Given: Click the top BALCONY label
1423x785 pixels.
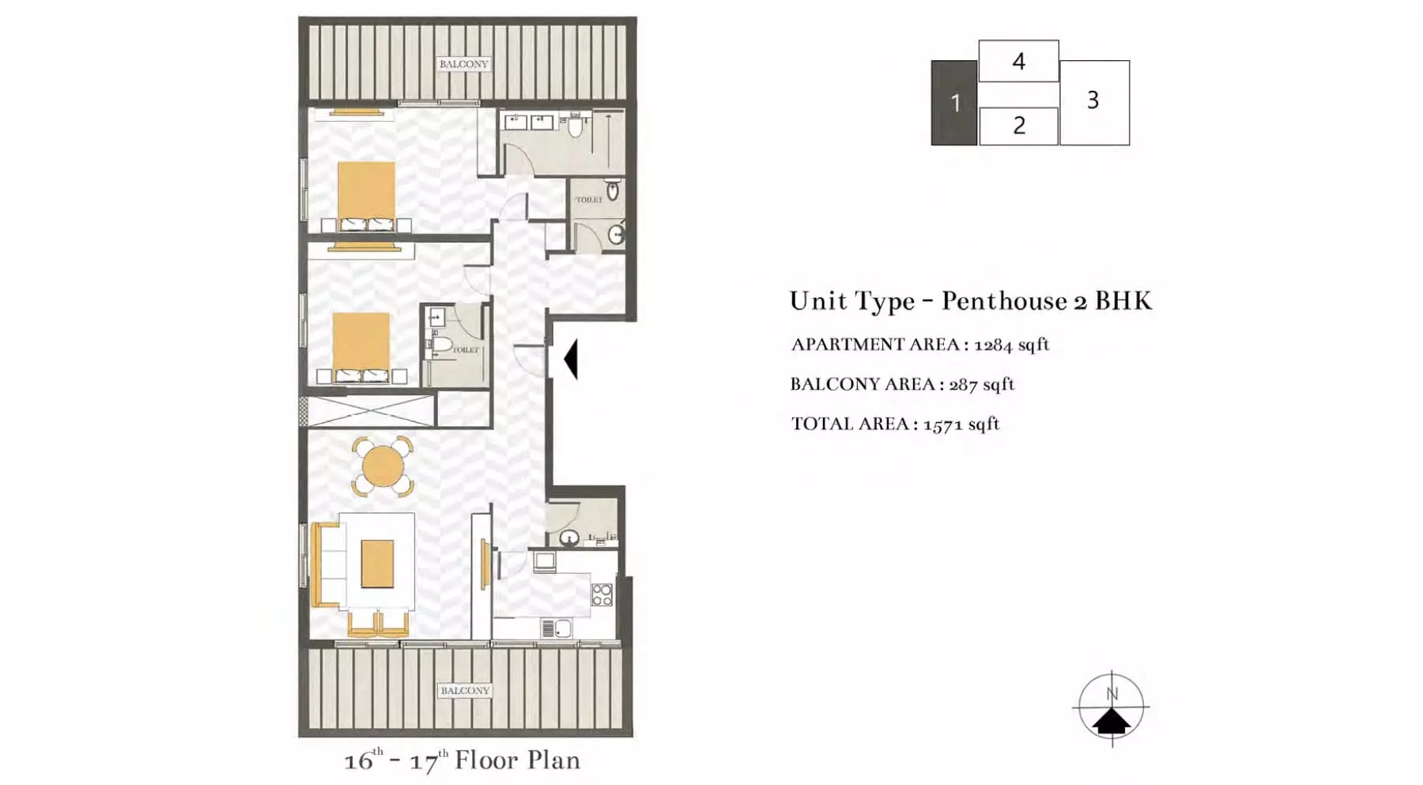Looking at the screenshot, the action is click(464, 64).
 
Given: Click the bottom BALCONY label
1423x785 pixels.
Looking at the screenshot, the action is click(465, 691).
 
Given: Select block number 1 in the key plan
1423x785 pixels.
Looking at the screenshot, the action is click(954, 103).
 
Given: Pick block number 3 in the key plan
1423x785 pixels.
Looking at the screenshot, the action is click(1094, 102).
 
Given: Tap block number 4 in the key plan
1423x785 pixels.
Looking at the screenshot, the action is click(1018, 61).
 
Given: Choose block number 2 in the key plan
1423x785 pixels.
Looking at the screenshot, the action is click(1018, 126).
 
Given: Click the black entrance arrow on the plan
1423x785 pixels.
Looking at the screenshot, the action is click(571, 359).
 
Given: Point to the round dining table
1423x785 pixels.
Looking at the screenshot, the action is click(383, 466).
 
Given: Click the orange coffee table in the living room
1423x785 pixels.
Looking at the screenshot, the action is click(378, 564).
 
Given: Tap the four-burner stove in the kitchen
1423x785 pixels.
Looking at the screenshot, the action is click(602, 594).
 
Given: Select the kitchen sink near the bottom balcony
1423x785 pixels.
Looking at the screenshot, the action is click(557, 629).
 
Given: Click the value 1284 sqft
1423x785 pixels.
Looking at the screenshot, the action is click(1011, 345).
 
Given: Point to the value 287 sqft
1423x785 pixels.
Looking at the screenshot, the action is click(981, 384).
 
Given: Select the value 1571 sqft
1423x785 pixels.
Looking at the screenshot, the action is click(961, 424).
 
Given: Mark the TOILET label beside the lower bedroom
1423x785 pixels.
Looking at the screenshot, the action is click(466, 349).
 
